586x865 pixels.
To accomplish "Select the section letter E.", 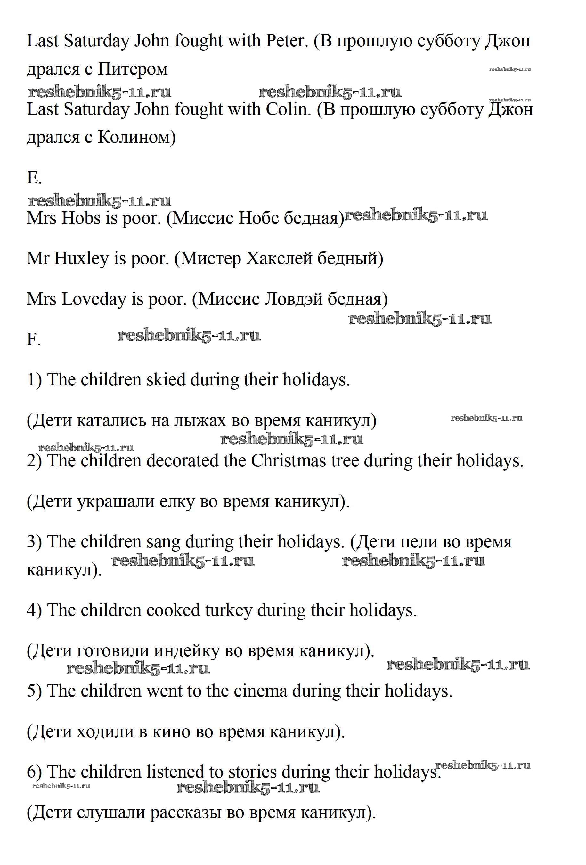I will pos(33,178).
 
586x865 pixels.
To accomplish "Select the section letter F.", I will pos(33,339).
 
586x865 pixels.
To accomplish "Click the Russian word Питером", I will pos(133,69).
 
